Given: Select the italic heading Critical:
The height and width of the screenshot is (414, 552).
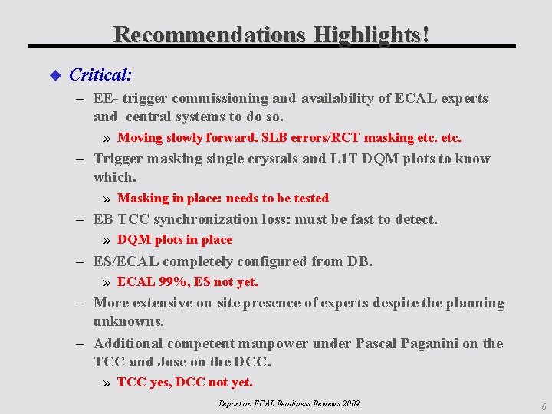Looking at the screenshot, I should tap(100, 75).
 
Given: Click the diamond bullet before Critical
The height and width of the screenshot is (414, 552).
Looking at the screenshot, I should tap(54, 75).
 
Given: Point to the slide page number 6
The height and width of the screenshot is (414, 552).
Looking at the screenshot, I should tap(543, 407).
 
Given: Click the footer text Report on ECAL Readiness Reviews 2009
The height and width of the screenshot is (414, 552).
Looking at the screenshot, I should tap(288, 403).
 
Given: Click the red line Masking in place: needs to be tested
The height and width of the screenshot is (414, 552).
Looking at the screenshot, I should tap(222, 199).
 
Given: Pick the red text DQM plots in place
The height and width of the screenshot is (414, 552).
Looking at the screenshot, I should tap(174, 240).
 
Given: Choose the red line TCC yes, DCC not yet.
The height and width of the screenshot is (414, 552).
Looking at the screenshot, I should tap(185, 383).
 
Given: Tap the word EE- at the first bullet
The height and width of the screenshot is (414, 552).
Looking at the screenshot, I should tap(107, 98).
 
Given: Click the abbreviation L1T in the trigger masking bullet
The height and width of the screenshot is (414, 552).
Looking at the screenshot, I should tap(347, 159).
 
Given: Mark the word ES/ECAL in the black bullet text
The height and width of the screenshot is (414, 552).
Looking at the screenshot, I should tap(126, 261).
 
